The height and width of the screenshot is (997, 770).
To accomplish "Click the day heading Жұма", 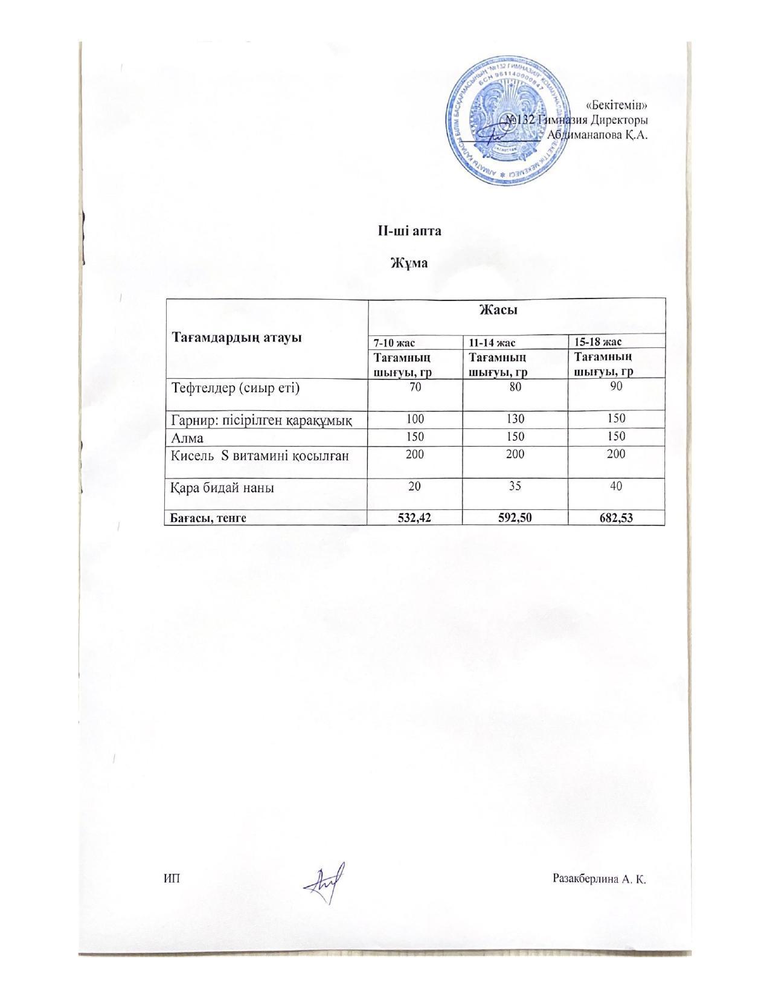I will click(409, 263).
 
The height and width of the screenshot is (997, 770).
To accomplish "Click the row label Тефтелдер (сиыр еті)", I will click(236, 388).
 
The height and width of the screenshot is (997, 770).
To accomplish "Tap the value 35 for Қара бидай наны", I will click(515, 485).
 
